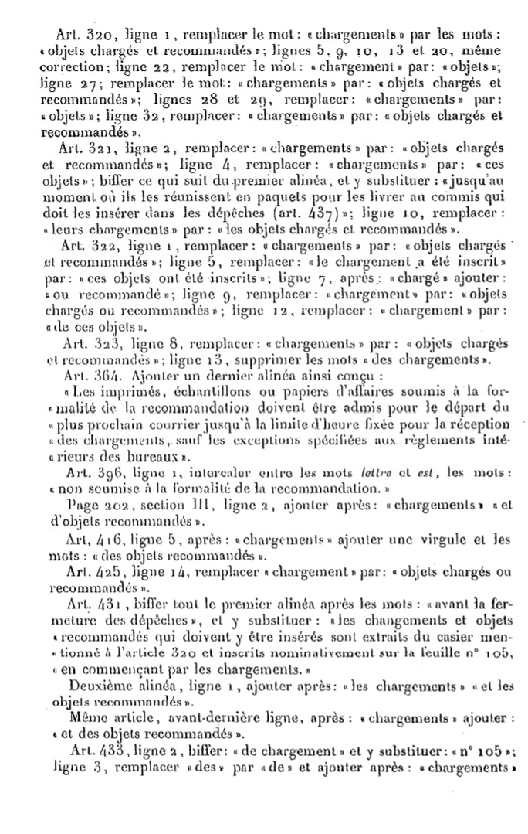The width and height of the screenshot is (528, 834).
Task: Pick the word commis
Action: click(x=455, y=196)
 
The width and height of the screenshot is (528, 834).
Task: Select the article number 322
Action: click(x=108, y=246)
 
